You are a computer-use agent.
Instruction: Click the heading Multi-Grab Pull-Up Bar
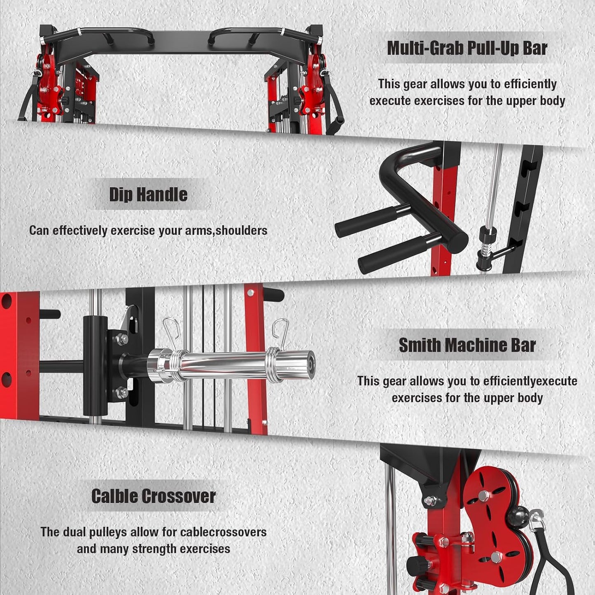point(467,48)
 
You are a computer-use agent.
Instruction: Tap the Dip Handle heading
point(148,194)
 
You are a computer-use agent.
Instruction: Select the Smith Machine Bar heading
point(467,345)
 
